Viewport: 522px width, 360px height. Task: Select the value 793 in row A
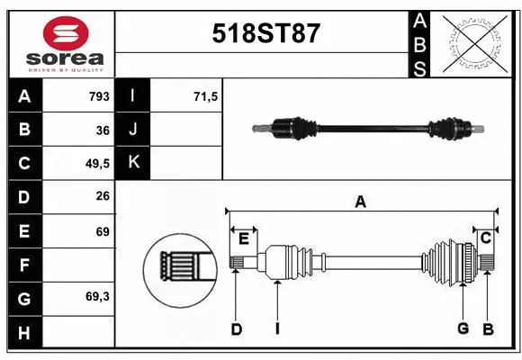(x=99, y=95)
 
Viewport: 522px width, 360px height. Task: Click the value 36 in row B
(x=102, y=130)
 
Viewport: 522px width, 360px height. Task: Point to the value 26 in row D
(x=102, y=197)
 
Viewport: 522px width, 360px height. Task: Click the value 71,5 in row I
(x=206, y=95)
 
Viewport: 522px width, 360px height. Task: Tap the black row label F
(x=23, y=265)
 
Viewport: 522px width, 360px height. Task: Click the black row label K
(x=133, y=163)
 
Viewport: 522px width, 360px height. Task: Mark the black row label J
(x=133, y=130)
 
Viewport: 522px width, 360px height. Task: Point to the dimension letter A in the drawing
(x=360, y=202)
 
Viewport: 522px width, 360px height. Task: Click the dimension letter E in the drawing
(x=243, y=238)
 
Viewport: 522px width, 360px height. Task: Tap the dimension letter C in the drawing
(x=485, y=238)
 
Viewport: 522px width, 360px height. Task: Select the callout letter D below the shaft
(x=236, y=329)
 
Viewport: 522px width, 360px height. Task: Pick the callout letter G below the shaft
(x=463, y=328)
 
